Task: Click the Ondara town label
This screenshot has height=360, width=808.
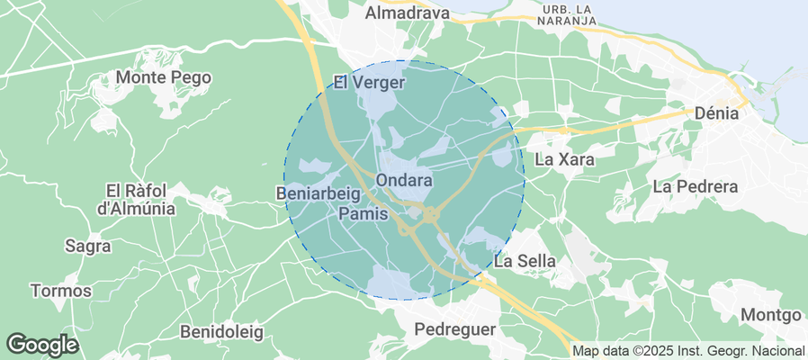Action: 403,180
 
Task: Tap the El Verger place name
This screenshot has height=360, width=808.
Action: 370,83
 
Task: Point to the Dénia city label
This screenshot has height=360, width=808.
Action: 716,114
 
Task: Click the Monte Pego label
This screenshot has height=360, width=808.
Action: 164,77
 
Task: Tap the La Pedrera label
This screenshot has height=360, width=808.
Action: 695,187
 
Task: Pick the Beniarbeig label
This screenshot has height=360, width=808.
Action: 319,193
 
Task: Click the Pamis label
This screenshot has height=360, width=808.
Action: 364,214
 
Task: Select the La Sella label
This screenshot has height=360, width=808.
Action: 525,261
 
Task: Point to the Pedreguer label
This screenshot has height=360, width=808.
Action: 455,329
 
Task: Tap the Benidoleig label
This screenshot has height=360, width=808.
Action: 221,332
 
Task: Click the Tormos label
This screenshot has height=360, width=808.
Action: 61,291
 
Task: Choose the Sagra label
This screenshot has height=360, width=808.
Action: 88,245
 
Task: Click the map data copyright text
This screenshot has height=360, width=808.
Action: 688,351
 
